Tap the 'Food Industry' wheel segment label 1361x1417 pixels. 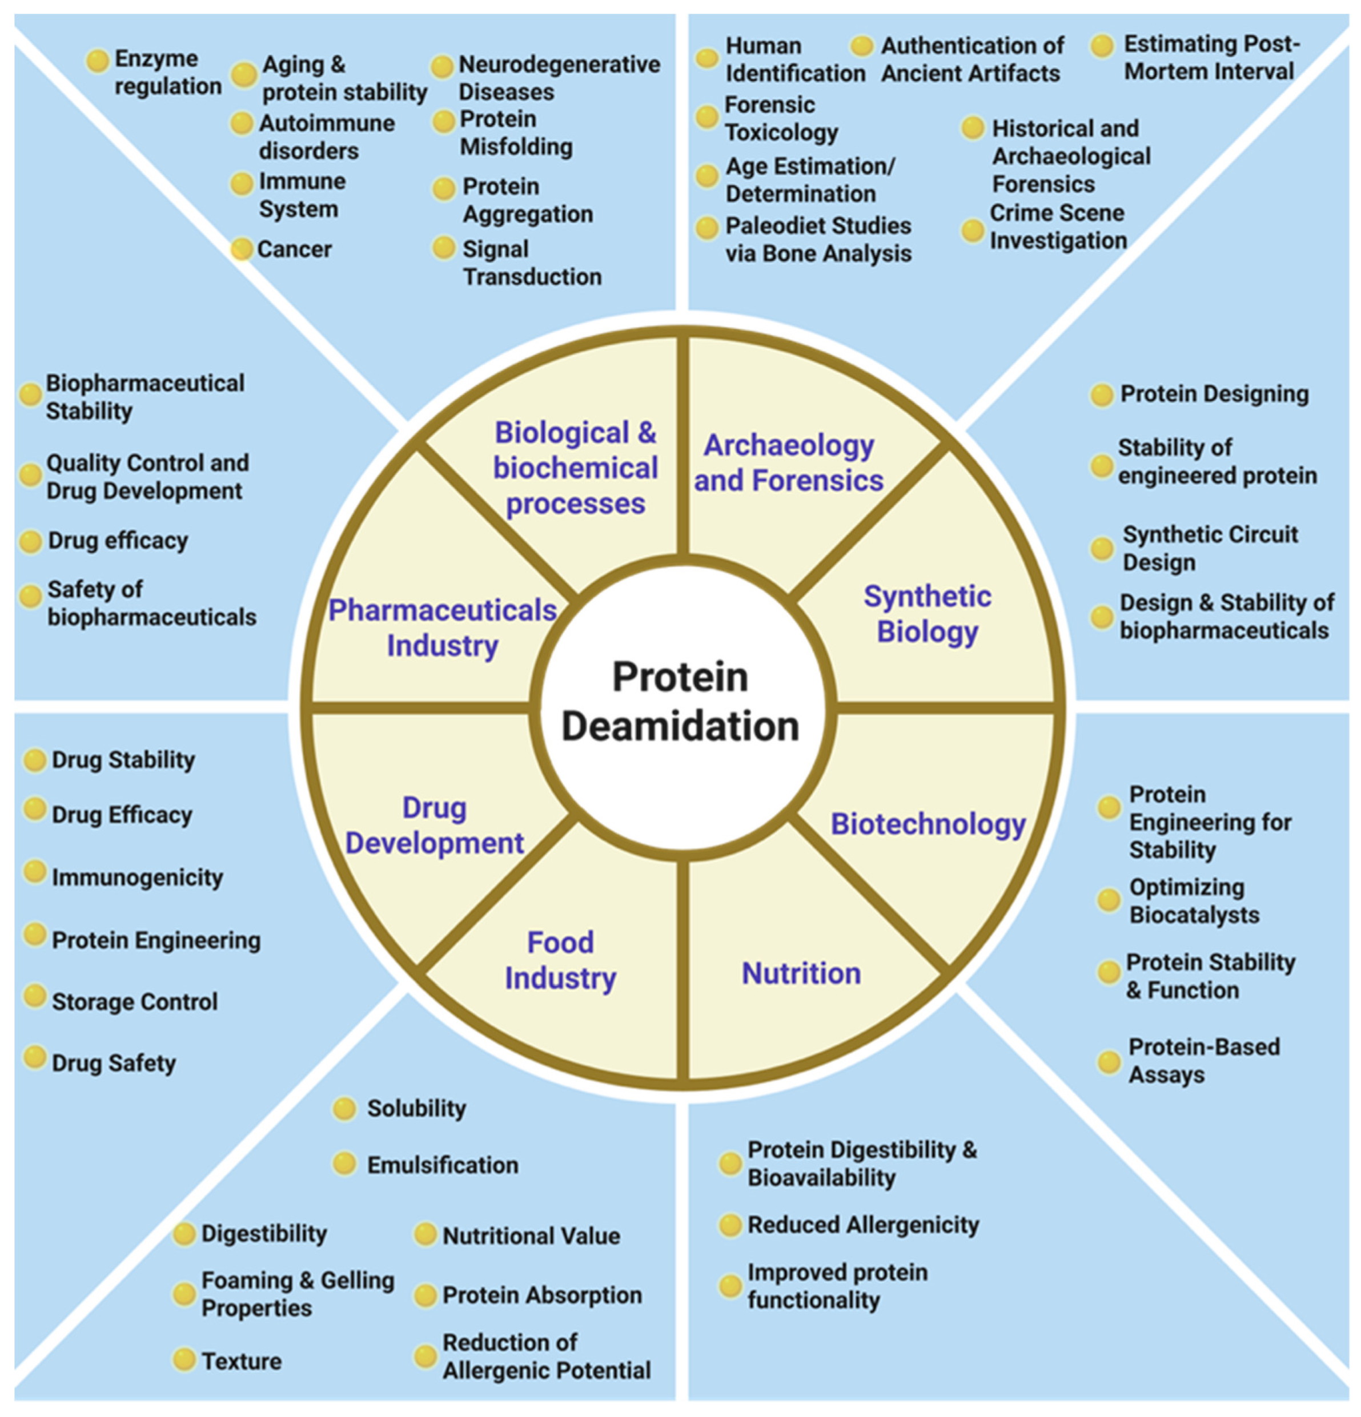click(x=560, y=960)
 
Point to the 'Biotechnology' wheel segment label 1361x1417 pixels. click(x=928, y=824)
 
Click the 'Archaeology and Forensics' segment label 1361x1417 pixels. click(x=789, y=462)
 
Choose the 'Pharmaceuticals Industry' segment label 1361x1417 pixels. click(x=443, y=627)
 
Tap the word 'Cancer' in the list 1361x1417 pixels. click(x=294, y=249)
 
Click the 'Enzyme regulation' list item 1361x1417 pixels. click(x=168, y=73)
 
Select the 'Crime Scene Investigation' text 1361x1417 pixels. click(x=1058, y=226)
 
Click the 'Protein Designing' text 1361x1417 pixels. click(x=1214, y=394)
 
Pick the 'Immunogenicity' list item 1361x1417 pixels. click(x=138, y=877)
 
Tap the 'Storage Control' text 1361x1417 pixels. click(x=135, y=1001)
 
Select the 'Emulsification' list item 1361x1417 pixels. click(x=443, y=1165)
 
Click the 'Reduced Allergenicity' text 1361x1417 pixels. click(x=863, y=1225)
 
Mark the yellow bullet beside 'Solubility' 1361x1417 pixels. click(x=344, y=1109)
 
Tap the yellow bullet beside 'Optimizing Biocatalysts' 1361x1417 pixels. click(x=1109, y=901)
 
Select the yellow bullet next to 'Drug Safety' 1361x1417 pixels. click(x=35, y=1058)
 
